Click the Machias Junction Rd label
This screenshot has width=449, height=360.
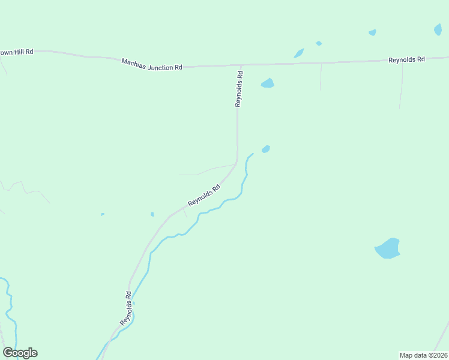(x=152, y=64)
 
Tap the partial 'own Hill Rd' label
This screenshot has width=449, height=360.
(x=16, y=52)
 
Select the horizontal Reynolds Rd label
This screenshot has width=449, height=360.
(x=406, y=59)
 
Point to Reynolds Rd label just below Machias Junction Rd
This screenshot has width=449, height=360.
(x=239, y=89)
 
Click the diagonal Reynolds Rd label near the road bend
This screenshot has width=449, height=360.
(x=204, y=195)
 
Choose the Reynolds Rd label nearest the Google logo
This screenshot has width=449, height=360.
(x=125, y=308)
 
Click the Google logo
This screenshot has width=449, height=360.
(x=20, y=353)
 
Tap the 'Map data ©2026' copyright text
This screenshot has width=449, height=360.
(x=424, y=355)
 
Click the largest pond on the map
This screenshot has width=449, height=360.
(x=388, y=248)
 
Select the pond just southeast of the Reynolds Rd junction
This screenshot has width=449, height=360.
(x=268, y=83)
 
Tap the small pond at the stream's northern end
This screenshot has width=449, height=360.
(x=265, y=149)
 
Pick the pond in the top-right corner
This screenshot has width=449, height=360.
(x=438, y=29)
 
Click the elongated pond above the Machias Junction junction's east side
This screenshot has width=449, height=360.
(x=298, y=53)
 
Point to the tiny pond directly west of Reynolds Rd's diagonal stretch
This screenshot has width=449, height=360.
(x=152, y=214)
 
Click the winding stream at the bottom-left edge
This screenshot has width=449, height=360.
(x=10, y=306)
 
